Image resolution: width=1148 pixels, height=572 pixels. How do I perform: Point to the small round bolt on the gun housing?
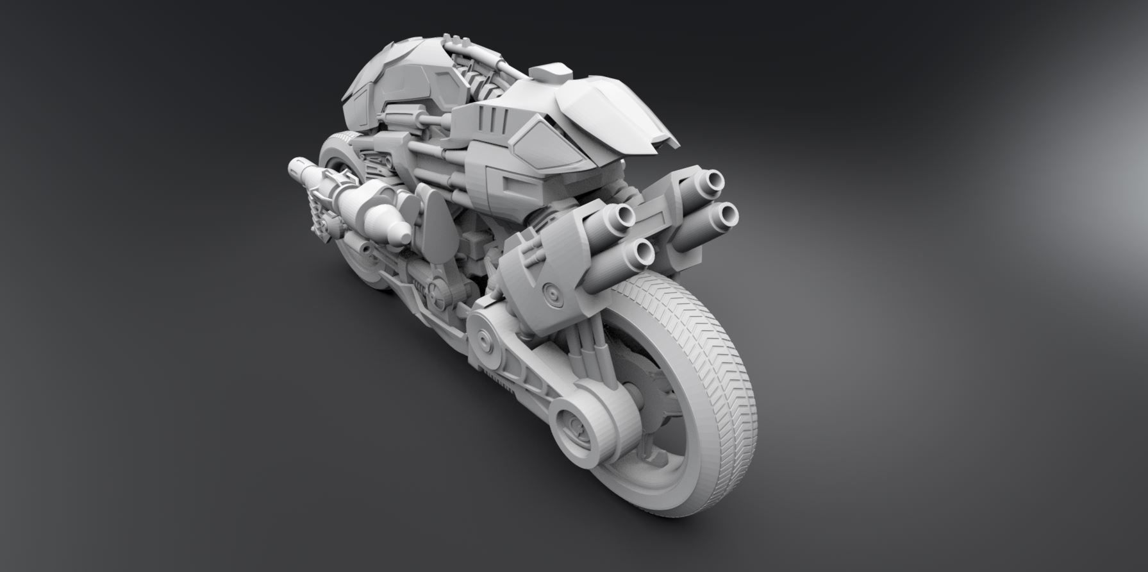(x=550, y=292)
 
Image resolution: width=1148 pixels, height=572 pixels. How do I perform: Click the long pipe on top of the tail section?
(x=474, y=55)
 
